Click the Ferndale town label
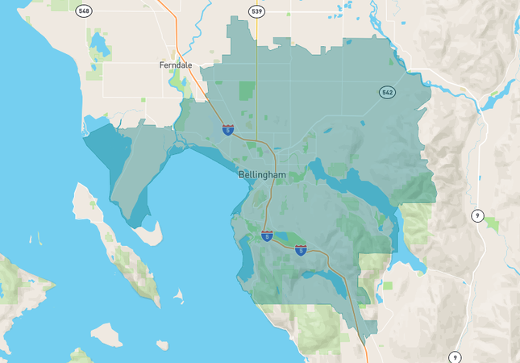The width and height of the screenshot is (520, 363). click(176, 65)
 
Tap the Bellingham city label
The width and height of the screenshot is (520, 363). click(262, 174)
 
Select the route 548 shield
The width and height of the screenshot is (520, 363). click(84, 10)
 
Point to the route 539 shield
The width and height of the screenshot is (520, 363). click(256, 10)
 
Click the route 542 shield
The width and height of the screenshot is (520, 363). click(388, 93)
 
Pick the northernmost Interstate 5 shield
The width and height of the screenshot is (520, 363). click(228, 130)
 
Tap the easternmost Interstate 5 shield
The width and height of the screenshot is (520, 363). click(301, 250)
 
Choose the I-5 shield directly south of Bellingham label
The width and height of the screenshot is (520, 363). click(267, 236)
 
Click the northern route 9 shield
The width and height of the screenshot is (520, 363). click(477, 215)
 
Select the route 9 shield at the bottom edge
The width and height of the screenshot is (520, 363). click(456, 357)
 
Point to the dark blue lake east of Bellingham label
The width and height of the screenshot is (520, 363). click(355, 184)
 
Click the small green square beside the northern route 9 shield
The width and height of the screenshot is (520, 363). click(491, 223)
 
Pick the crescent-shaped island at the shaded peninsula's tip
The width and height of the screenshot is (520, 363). click(147, 235)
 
